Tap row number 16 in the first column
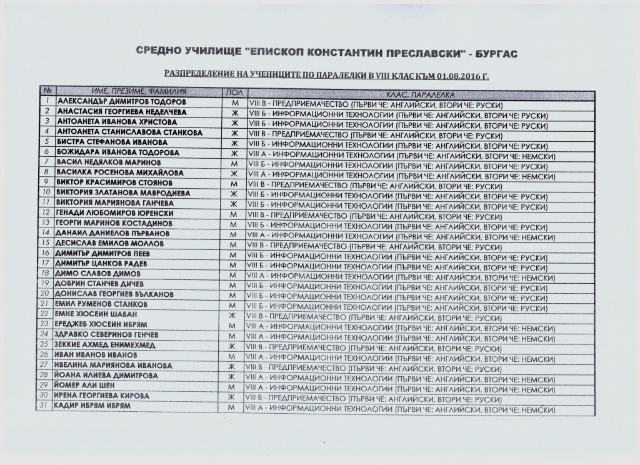point(47,253)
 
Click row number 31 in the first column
point(47,406)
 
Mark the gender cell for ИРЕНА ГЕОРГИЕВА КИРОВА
point(232,396)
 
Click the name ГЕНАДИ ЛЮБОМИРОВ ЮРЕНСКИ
point(114,213)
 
